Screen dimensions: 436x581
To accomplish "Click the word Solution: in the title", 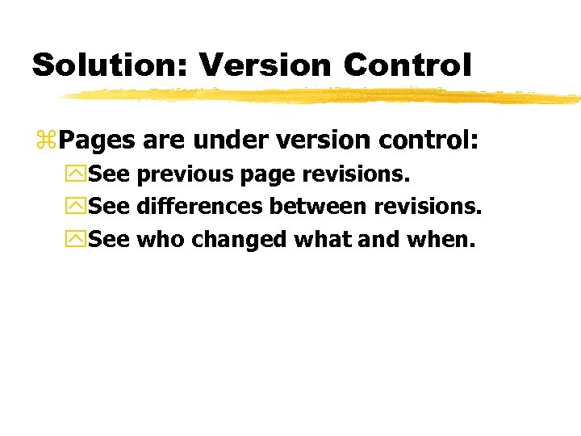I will tap(108, 65).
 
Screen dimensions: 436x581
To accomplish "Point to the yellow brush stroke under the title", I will tap(323, 97).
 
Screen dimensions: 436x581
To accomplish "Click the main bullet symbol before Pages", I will tap(45, 142).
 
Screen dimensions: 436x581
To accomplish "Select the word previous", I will tap(185, 174).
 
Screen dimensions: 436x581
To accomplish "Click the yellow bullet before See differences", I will tap(77, 208).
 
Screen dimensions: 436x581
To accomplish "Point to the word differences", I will tap(199, 207).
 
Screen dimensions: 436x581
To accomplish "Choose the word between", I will tap(318, 207).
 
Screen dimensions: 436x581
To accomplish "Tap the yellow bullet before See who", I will tap(77, 240).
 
